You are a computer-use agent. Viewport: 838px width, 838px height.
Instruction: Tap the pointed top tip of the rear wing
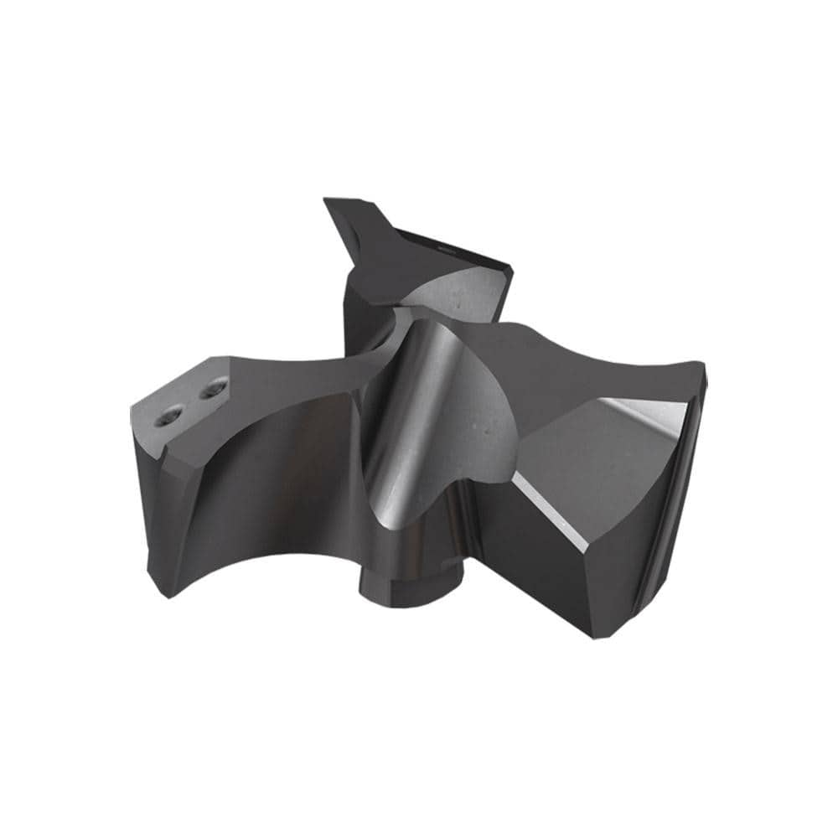pyautogui.click(x=329, y=201)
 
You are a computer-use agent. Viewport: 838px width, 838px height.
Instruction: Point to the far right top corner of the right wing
pyautogui.click(x=702, y=367)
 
